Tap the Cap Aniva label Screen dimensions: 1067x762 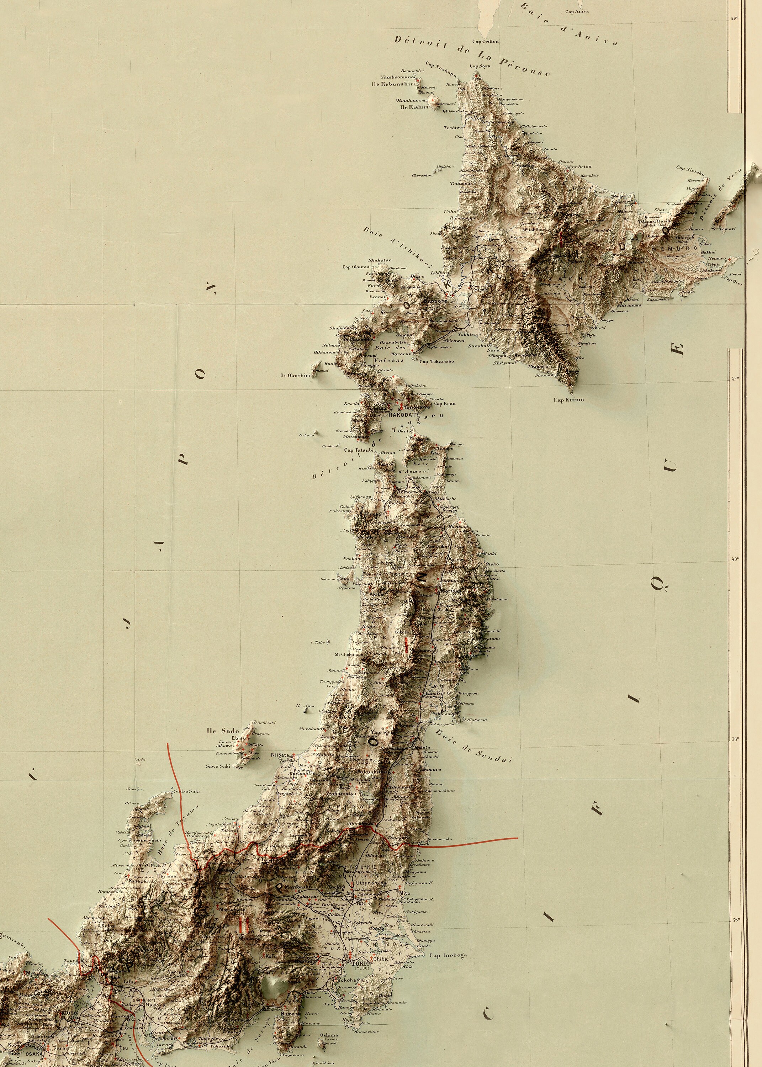pyautogui.click(x=576, y=12)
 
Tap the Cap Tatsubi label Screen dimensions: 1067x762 pyautogui.click(x=358, y=450)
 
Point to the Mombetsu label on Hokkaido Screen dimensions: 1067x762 pyautogui.click(x=578, y=166)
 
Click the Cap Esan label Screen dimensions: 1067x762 pyautogui.click(x=444, y=403)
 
